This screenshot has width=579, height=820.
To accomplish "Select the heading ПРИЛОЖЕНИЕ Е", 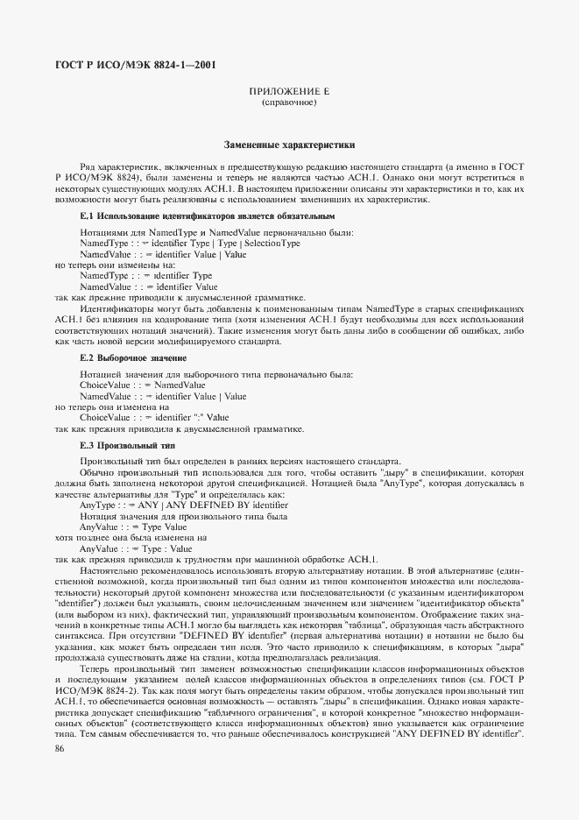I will (288, 92).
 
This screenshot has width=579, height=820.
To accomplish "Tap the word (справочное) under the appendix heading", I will (288, 103).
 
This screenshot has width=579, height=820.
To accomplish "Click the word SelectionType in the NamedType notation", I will (272, 243).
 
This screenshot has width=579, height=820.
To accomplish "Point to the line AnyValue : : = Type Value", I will (134, 527).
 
